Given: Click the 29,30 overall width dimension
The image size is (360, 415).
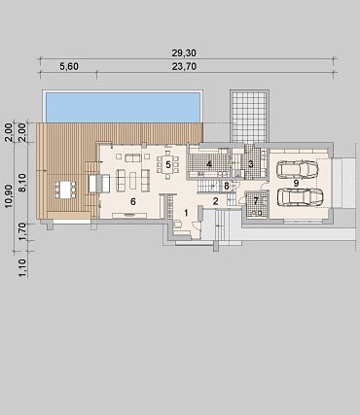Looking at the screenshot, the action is [x=184, y=52].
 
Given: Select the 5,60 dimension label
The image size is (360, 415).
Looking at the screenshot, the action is [x=69, y=66].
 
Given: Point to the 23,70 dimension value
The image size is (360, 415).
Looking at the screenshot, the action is [x=184, y=66].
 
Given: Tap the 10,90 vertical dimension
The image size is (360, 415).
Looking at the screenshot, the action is [x=9, y=195].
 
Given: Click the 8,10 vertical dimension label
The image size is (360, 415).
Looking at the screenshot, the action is [x=22, y=183].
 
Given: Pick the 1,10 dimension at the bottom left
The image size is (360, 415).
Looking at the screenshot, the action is [x=22, y=267].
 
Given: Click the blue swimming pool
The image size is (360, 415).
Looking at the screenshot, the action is [x=123, y=107].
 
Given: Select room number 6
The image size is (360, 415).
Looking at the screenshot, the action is [x=133, y=201].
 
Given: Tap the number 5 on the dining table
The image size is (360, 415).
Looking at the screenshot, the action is [x=168, y=165].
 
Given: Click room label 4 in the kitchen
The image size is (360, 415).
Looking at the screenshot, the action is [x=209, y=164].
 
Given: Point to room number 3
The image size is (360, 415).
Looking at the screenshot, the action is [x=251, y=164].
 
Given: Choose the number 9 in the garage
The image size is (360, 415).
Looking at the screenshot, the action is [x=296, y=183].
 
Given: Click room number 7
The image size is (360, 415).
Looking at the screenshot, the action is [x=256, y=201].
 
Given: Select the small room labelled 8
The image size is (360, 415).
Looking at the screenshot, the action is [x=227, y=187].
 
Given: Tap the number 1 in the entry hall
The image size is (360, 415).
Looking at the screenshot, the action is [x=186, y=213].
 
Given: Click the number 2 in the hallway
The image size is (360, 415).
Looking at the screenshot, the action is [x=216, y=201].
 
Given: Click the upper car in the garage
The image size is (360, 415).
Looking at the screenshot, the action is [x=297, y=169].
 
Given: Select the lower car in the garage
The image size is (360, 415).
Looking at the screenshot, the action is [x=301, y=197].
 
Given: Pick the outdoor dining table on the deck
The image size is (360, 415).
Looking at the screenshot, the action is [x=65, y=190].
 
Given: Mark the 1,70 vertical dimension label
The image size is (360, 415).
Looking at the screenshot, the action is [x=22, y=232].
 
